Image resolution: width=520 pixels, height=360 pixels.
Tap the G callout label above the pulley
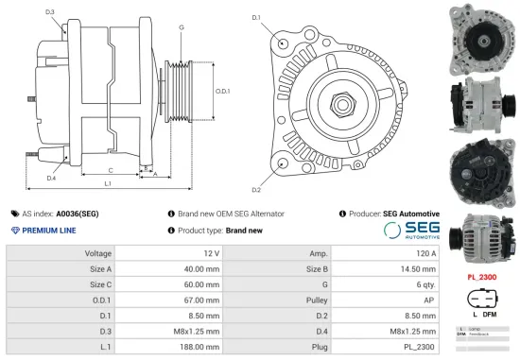pyautogui.click(x=181, y=27)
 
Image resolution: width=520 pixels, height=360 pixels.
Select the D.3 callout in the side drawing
pyautogui.click(x=49, y=12)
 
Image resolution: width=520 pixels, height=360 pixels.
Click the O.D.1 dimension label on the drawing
pyautogui.click(x=222, y=91)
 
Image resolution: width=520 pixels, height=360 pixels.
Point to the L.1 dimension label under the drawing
pyautogui.click(x=109, y=182)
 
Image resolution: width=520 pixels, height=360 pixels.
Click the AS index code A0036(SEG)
pyautogui.click(x=77, y=214)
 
